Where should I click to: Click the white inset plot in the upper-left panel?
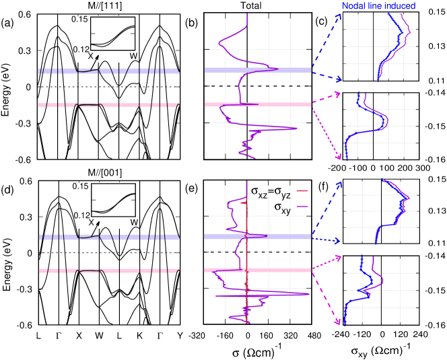(113, 34)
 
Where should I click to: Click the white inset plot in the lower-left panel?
(113, 200)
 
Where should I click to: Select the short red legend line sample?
(302, 190)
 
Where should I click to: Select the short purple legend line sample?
(302, 207)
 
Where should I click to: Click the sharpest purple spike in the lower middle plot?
(307, 294)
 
